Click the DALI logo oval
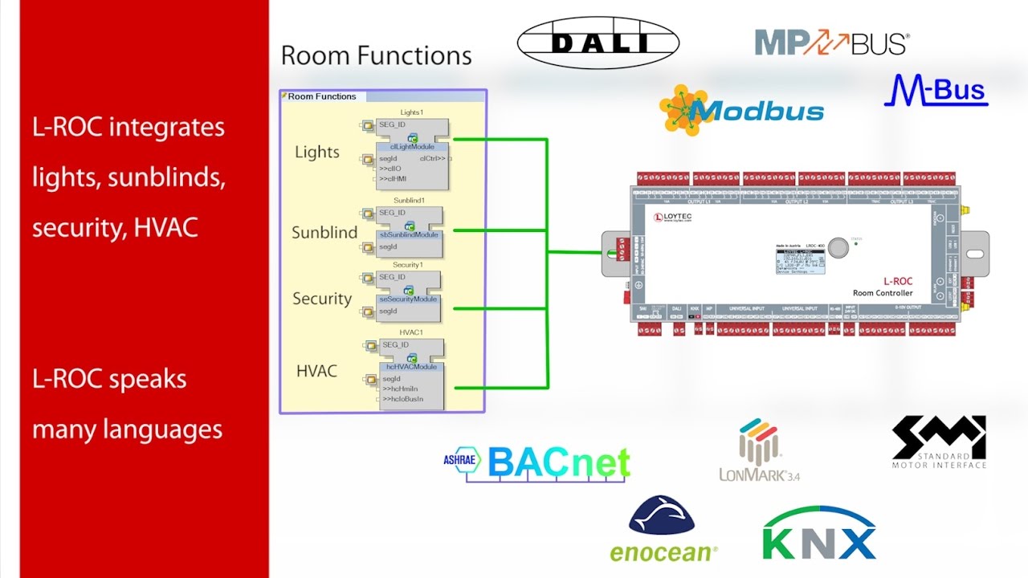[x=598, y=43]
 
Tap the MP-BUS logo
[x=832, y=43]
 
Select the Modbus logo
[x=741, y=109]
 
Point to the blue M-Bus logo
[x=936, y=91]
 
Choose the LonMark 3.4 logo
[x=759, y=450]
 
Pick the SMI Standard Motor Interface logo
[x=939, y=442]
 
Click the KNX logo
[x=819, y=533]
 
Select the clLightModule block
[x=412, y=147]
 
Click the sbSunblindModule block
[x=409, y=234]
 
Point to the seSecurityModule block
[x=408, y=299]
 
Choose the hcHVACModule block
[x=411, y=367]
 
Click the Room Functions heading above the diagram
[x=376, y=55]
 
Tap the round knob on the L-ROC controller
[x=838, y=247]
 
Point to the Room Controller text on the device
[x=882, y=293]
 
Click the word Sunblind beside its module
[x=324, y=233]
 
